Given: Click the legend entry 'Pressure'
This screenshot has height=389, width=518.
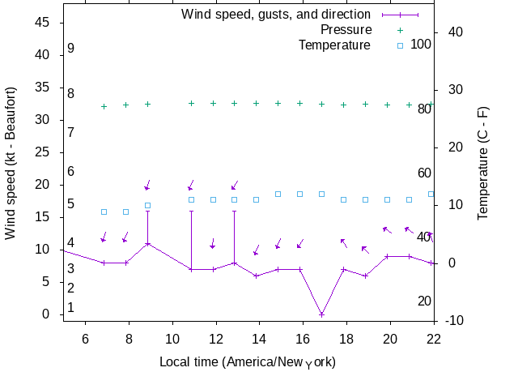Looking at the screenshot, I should click(346, 30).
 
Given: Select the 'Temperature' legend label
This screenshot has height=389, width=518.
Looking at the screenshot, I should click(334, 45).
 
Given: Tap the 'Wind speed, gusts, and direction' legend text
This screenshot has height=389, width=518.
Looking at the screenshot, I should click(275, 15).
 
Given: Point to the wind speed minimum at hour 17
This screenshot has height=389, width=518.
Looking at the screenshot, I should click(321, 314).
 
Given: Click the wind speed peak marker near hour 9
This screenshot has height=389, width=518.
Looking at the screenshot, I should click(147, 243).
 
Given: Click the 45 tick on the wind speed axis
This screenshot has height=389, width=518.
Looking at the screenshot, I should click(43, 23).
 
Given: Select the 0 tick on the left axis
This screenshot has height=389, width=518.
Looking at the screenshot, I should click(47, 314).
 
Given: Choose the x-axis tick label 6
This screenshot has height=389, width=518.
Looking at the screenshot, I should click(85, 337).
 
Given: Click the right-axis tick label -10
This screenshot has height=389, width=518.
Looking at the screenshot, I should click(454, 321).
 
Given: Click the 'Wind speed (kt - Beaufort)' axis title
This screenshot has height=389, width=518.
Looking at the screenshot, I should click(11, 163).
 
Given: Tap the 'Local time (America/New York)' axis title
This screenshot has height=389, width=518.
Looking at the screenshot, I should click(248, 361).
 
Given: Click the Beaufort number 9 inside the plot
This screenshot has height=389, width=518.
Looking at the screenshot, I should click(71, 49).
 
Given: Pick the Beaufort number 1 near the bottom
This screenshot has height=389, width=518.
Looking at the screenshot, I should click(71, 307).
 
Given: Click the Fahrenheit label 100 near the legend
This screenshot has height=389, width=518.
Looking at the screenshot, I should click(421, 44).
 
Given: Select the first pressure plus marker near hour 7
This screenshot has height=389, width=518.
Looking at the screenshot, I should click(104, 106).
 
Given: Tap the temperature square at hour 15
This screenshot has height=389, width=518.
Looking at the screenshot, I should click(278, 194).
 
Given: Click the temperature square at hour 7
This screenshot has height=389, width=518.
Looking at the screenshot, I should click(104, 212).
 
